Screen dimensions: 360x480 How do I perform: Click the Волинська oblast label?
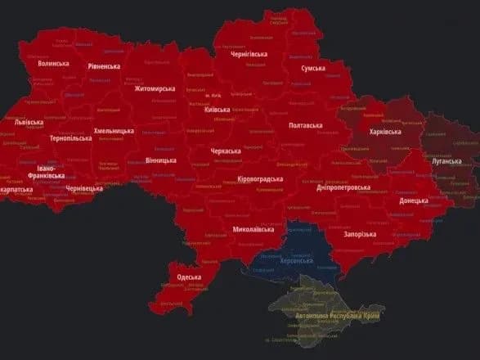[53, 63]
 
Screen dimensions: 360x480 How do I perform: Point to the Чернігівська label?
[244, 54]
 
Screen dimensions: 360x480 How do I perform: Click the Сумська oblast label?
[318, 69]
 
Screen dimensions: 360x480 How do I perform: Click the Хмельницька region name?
[114, 131]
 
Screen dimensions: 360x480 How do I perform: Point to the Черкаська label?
[226, 151]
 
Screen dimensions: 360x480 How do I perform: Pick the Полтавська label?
[306, 125]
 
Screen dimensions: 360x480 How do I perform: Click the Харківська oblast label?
[384, 132]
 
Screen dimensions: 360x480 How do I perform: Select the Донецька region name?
[413, 200]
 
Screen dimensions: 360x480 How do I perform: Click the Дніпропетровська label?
[343, 187]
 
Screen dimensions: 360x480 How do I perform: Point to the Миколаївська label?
[253, 230]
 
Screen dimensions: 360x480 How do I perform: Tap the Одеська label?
[189, 277]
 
